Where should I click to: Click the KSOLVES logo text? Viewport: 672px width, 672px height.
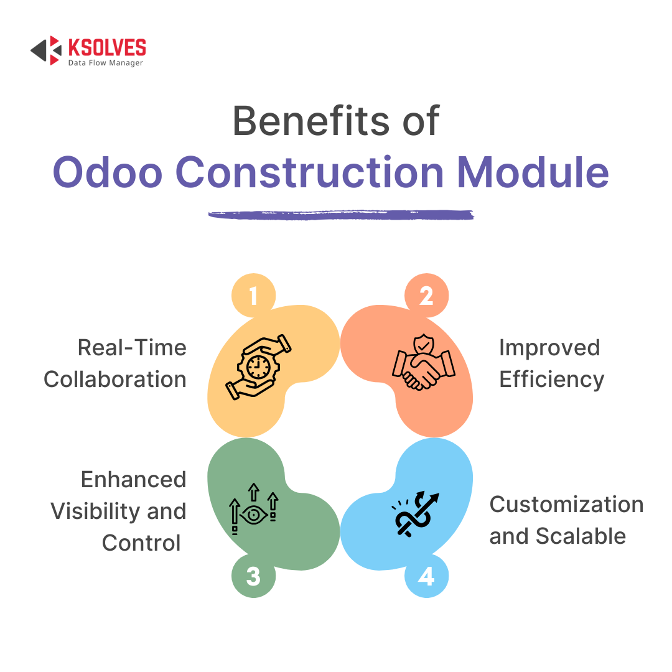pos(107,47)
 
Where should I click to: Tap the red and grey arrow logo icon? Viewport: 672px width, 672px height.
pos(46,50)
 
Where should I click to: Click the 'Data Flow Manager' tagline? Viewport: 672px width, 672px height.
pos(105,63)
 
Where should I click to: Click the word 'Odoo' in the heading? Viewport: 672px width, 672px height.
pos(108,172)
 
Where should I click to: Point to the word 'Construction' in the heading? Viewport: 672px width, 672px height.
pos(309,172)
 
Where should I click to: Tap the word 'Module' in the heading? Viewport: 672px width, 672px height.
pos(533,172)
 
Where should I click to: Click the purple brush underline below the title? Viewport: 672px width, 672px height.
pos(341,215)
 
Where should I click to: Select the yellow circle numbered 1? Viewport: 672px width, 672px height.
pos(253,296)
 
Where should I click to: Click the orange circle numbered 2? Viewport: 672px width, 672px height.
pos(426,296)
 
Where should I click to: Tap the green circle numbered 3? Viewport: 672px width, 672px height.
pos(253,576)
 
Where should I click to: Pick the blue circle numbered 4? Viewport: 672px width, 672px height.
pos(426,576)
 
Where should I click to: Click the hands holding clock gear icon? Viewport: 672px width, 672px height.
pos(258,367)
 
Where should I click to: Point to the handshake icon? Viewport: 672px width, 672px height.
pos(424,362)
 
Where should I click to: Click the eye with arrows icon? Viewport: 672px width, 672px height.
pos(254,509)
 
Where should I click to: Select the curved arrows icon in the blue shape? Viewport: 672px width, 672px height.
pos(415,514)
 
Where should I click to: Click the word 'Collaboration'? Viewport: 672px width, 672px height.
pos(115,380)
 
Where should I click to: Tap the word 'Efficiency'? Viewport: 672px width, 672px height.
pos(551,380)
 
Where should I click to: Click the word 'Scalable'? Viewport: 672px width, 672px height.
pos(581,536)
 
